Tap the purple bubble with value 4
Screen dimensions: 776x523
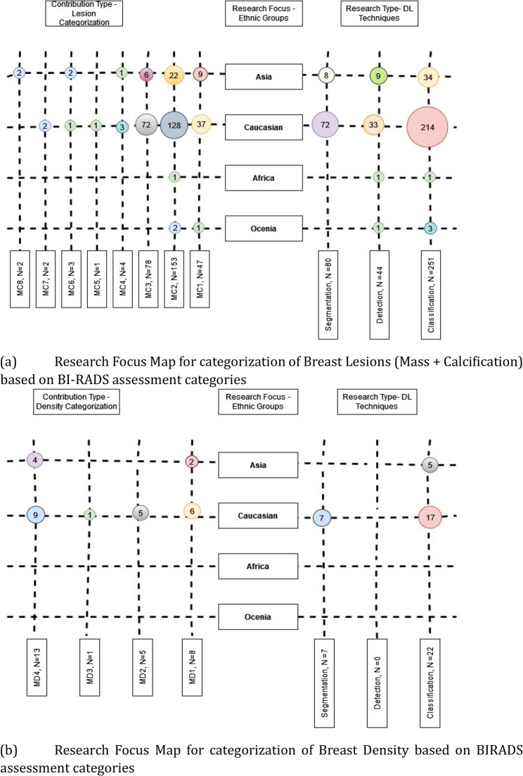coord(35,461)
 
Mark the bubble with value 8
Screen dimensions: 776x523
coord(326,75)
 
